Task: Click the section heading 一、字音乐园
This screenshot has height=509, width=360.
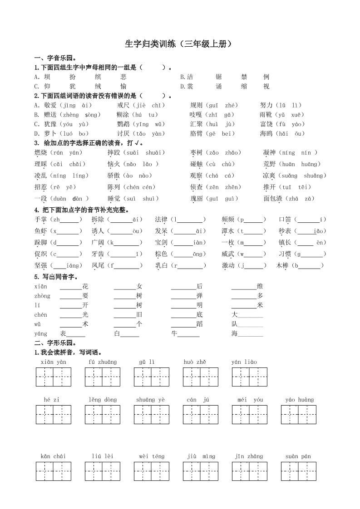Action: point(55,59)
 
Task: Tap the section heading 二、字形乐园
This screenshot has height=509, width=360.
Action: point(55,343)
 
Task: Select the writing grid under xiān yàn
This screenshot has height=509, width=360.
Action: point(54,377)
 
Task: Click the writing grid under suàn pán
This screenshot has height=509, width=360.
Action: point(298,471)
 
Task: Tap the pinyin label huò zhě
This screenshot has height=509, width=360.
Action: point(195,362)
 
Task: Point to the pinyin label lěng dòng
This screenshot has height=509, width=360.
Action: point(103,400)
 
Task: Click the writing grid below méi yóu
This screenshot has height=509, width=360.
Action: point(249,415)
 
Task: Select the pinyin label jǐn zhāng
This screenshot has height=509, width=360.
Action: point(249,456)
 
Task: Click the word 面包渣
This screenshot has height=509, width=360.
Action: point(273,198)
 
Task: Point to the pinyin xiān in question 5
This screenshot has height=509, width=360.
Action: point(40,286)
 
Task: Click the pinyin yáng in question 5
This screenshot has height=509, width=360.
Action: point(40,333)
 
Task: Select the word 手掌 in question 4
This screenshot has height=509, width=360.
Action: point(40,220)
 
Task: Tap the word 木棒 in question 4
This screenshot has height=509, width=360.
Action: point(282,265)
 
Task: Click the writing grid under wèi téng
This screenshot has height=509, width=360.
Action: point(152,471)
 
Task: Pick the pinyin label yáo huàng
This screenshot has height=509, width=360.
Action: point(300,400)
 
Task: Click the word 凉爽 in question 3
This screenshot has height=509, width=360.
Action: point(269,176)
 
